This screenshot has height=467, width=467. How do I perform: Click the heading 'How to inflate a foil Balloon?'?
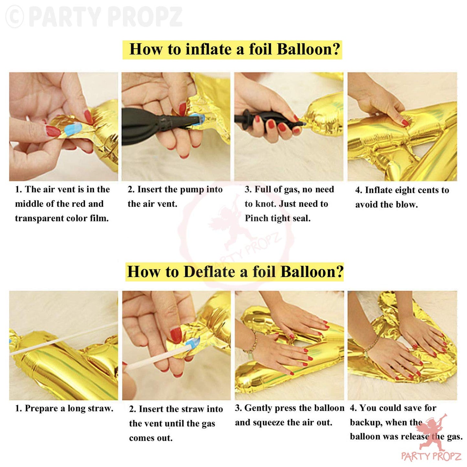pyautogui.click(x=235, y=49)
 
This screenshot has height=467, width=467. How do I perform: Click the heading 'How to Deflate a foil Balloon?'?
pyautogui.click(x=235, y=271)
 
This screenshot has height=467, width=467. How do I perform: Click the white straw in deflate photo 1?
pyautogui.click(x=60, y=338)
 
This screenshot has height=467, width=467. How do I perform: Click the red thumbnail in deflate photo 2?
pyautogui.click(x=175, y=335)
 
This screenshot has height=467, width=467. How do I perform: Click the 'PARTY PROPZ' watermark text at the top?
pyautogui.click(x=107, y=17)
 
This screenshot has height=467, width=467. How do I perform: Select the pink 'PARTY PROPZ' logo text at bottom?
pyautogui.click(x=431, y=456)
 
